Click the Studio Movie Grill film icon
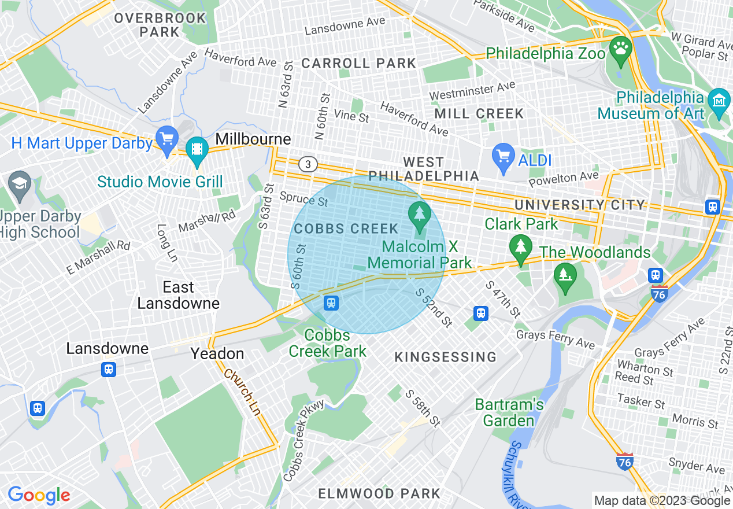pos(197,149)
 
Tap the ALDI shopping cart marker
pos(504,157)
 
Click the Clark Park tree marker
pos(521,248)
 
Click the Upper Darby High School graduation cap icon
pos(21,185)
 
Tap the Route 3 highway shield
pos(308,165)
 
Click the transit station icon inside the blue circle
pos(331,303)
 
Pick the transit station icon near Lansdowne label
pos(108,369)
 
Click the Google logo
pos(39,495)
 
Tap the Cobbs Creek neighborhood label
pos(346,229)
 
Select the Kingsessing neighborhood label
pos(445,357)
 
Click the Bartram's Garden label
pos(509,412)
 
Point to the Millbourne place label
pos(253,139)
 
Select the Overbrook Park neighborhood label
pos(160,25)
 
